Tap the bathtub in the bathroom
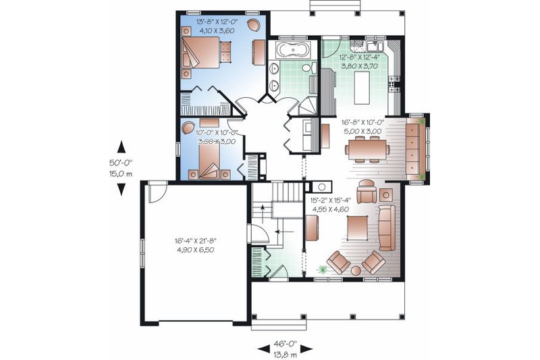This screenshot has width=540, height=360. [292, 50]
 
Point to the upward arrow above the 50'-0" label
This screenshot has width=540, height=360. [122, 145]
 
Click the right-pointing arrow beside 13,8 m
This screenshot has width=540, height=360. [306, 348]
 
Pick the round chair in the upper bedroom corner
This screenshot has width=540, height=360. [254, 25]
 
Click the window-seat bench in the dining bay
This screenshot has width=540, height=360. [414, 149]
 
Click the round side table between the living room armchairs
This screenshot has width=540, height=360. [354, 271]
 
